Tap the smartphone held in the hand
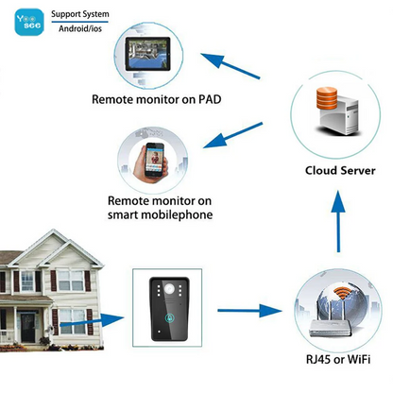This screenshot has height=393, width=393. click(152, 162)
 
